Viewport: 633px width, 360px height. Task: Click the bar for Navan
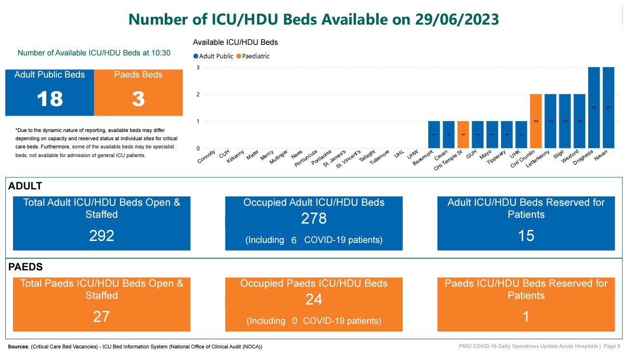[x=608, y=107]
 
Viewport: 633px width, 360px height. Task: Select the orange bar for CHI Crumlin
[x=536, y=121]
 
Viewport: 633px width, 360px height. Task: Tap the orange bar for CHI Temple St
[x=463, y=134]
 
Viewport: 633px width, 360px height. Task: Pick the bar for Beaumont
[x=434, y=134]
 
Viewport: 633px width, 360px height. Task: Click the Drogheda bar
[x=594, y=107]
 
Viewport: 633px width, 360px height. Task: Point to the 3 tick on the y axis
[x=198, y=67]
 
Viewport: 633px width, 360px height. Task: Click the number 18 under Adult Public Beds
[x=50, y=99]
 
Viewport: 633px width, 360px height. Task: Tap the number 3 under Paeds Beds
[x=138, y=99]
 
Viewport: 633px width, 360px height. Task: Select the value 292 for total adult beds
[x=102, y=235]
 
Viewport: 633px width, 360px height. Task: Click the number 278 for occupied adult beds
[x=314, y=219]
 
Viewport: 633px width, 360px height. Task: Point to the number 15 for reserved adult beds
[x=526, y=235]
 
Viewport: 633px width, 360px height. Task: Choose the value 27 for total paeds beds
[x=102, y=317]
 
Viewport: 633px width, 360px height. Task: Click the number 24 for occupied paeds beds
[x=314, y=300]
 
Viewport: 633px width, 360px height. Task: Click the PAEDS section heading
[x=26, y=267]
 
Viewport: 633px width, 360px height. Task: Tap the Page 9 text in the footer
[x=612, y=347]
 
